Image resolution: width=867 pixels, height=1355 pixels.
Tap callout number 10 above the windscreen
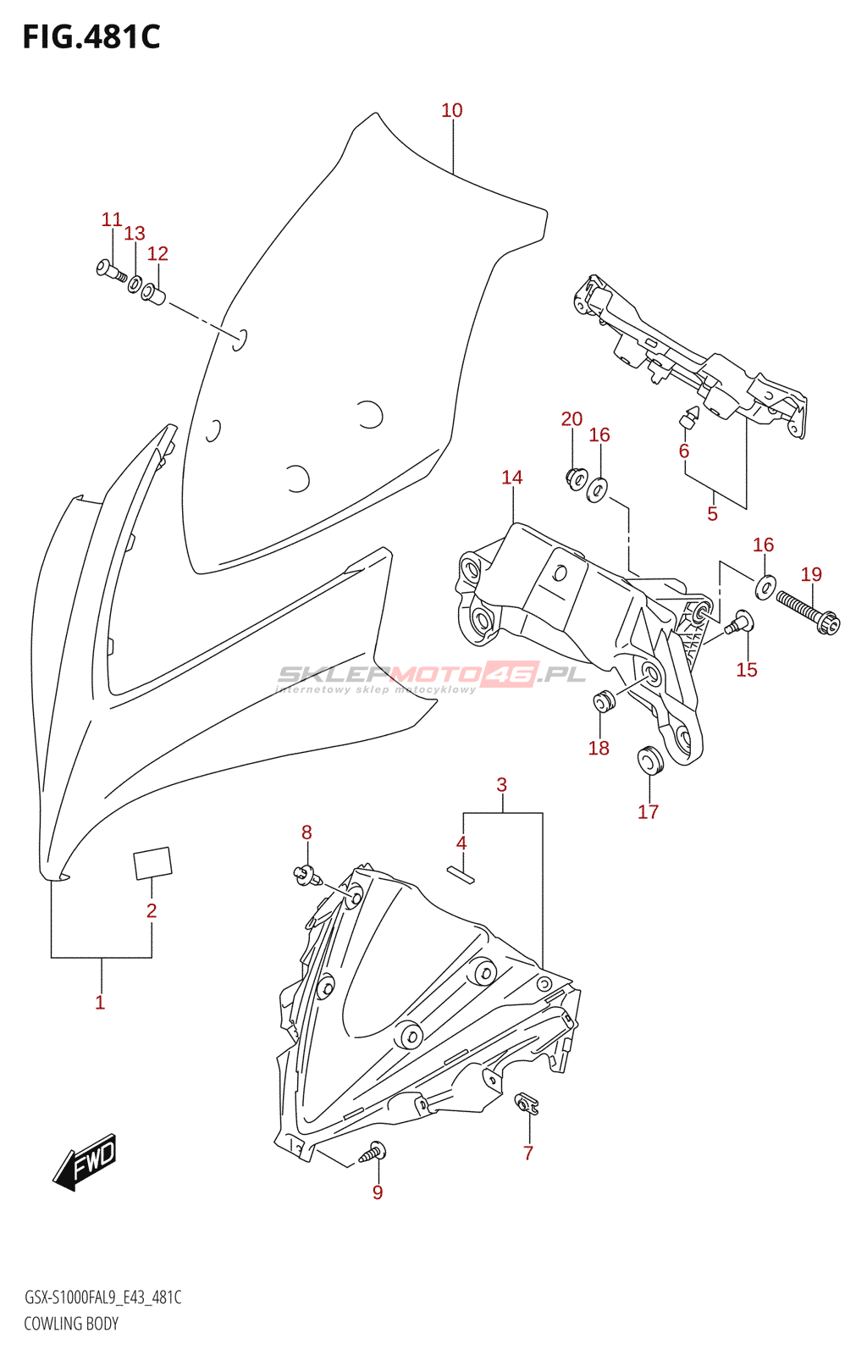point(451,110)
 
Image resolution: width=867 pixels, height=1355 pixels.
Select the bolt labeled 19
point(809,612)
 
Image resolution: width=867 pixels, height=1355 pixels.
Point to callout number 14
point(511,478)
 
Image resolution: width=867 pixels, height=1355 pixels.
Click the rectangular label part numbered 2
point(152,863)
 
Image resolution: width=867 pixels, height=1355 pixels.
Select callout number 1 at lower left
point(100,1003)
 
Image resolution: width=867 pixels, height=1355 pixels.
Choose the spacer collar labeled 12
point(153,295)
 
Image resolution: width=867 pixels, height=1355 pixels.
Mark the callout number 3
point(501,784)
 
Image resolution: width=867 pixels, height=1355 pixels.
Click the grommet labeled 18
point(604,701)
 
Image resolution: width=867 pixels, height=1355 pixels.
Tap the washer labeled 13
point(135,283)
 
